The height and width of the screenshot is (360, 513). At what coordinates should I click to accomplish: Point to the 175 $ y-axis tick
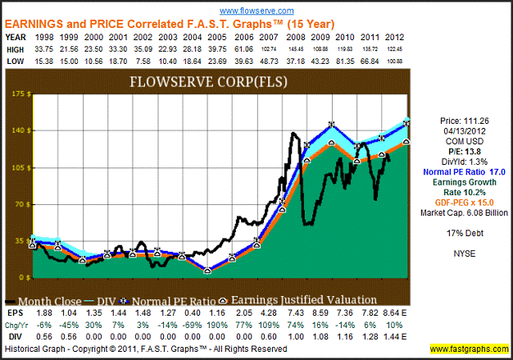pos(15,94)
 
